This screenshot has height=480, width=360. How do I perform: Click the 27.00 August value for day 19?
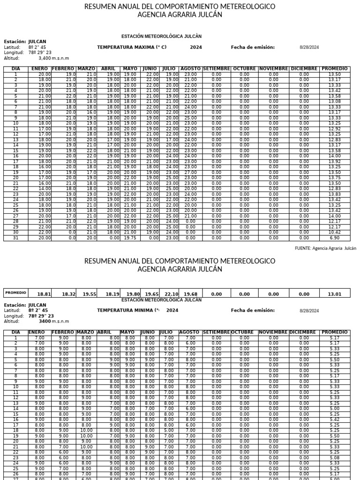(190, 172)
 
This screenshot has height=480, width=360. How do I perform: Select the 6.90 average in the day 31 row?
(335, 238)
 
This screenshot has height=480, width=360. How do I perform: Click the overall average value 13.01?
(335, 294)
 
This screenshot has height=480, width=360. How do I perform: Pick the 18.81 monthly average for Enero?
(44, 294)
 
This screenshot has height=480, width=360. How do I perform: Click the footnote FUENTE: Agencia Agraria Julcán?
(325, 248)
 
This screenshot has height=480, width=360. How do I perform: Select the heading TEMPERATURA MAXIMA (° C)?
(132, 47)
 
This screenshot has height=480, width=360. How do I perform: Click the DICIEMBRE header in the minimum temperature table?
(304, 332)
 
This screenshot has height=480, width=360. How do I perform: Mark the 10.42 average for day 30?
(335, 232)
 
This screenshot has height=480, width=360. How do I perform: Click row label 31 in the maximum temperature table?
(15, 238)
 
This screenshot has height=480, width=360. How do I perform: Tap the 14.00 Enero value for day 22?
(45, 189)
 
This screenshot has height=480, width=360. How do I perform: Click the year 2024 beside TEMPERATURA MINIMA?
(172, 310)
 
